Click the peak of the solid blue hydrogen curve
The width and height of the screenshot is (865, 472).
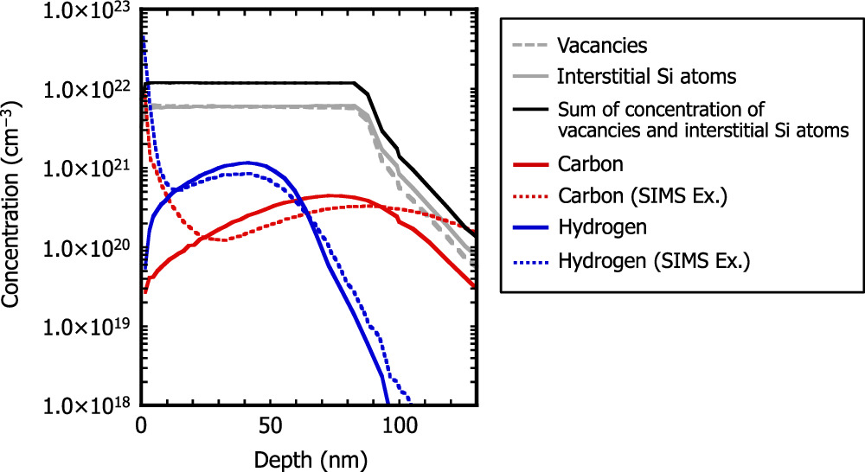click(248, 163)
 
